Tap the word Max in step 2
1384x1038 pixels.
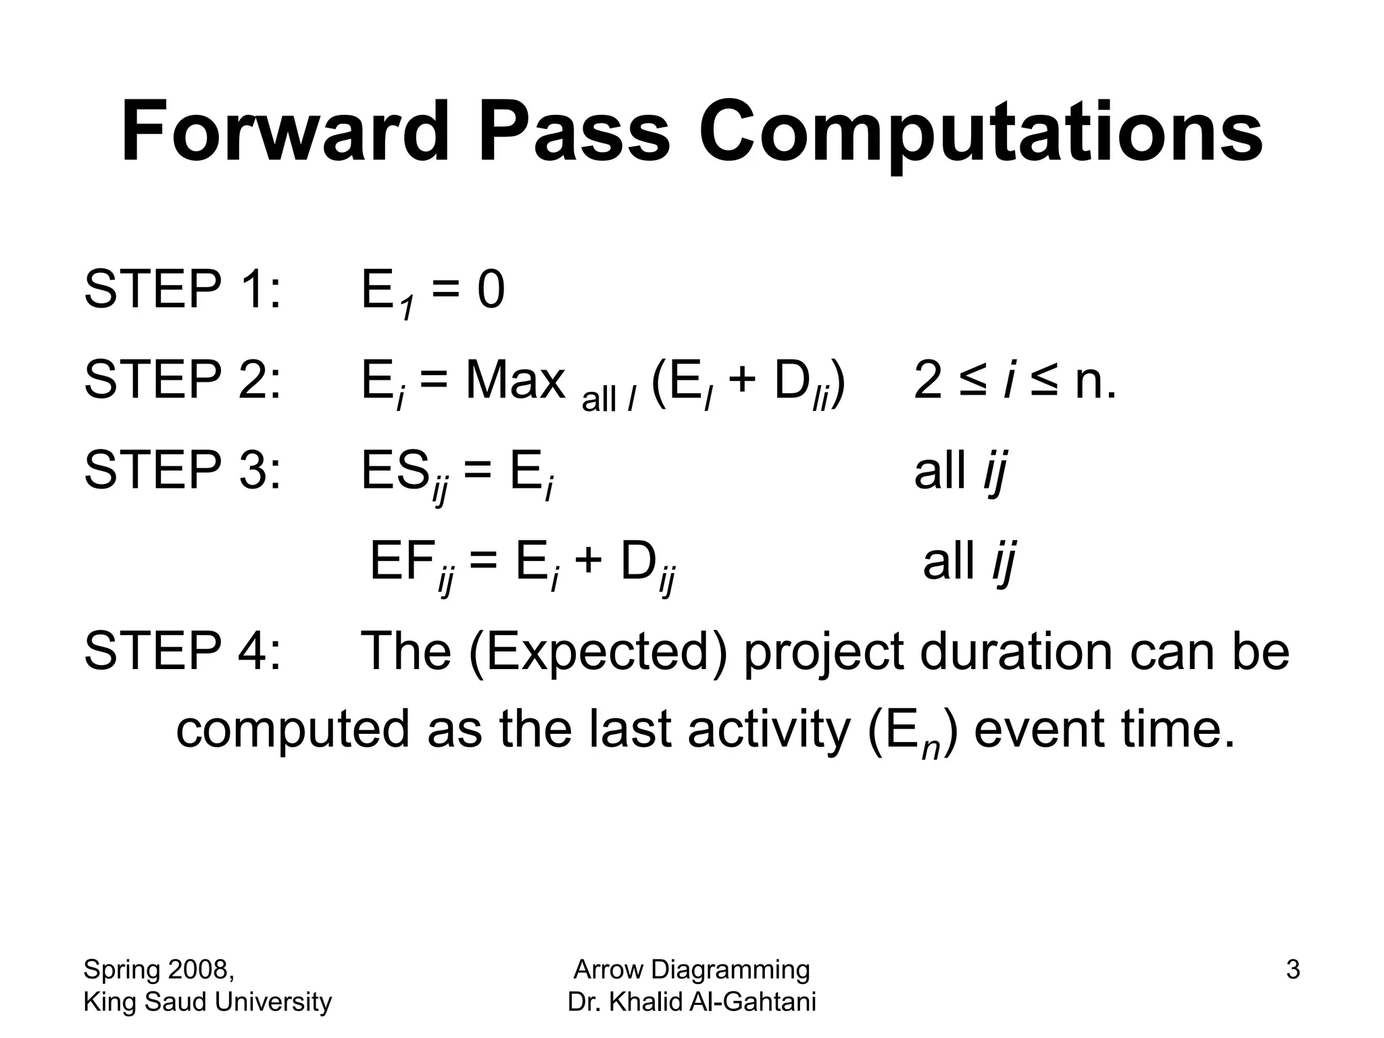[515, 380]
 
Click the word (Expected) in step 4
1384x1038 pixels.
[597, 652]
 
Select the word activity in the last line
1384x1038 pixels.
[768, 730]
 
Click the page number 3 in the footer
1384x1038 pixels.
[1292, 970]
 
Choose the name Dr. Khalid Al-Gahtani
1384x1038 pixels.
[691, 1002]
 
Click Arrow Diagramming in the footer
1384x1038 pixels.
[691, 970]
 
